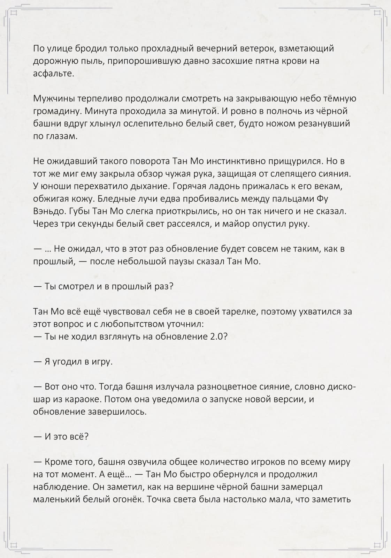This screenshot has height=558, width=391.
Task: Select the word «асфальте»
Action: point(53,74)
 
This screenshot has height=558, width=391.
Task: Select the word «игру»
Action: point(102,362)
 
